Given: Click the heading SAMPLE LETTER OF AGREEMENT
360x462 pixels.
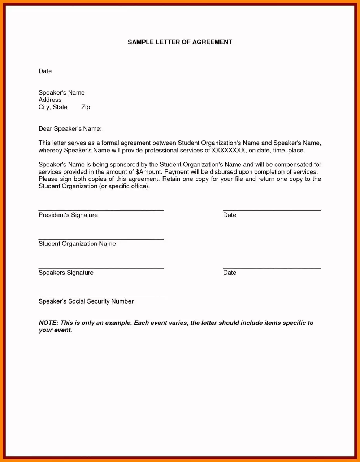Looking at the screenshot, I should tap(180, 42).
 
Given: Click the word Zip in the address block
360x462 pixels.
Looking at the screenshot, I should tap(86, 107).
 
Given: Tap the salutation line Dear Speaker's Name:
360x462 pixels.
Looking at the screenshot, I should tap(70, 129).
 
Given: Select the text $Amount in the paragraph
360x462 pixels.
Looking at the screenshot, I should tap(148, 172).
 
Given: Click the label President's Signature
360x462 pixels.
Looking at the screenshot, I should tap(68, 215).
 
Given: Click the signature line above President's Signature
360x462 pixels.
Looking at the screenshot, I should tap(101, 210).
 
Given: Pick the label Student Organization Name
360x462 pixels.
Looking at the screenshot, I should tap(77, 244).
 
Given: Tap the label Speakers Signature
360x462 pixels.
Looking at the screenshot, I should tap(66, 273).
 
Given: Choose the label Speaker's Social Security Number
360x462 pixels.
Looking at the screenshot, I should tap(86, 301).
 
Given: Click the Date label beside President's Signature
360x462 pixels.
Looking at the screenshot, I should tap(230, 215).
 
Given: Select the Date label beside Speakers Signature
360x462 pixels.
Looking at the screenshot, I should tap(230, 273).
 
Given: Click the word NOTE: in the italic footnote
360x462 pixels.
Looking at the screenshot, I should tap(48, 323).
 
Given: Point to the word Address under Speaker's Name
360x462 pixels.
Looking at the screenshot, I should tap(50, 100).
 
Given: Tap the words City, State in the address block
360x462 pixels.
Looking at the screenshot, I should tap(53, 107).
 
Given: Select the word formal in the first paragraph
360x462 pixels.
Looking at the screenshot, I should tap(110, 143).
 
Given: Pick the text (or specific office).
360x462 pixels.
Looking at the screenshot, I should tap(124, 187).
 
